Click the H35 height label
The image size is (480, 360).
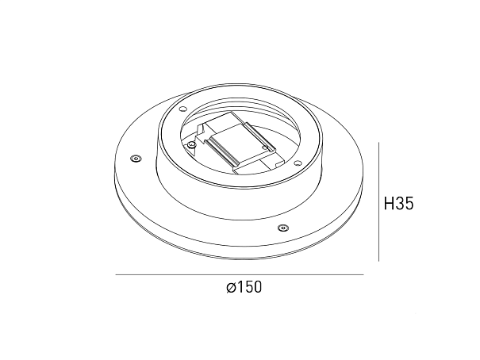click(x=398, y=204)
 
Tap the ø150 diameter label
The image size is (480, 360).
click(x=244, y=287)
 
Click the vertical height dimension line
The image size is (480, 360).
click(x=379, y=201)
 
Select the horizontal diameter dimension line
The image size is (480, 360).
click(x=240, y=274)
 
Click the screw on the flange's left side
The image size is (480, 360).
click(x=135, y=158)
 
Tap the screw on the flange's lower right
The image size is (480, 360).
click(x=283, y=228)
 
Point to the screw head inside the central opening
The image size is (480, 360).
click(x=192, y=144)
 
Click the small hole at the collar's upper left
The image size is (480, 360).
click(x=183, y=109)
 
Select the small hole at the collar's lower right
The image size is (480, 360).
click(x=296, y=163)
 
